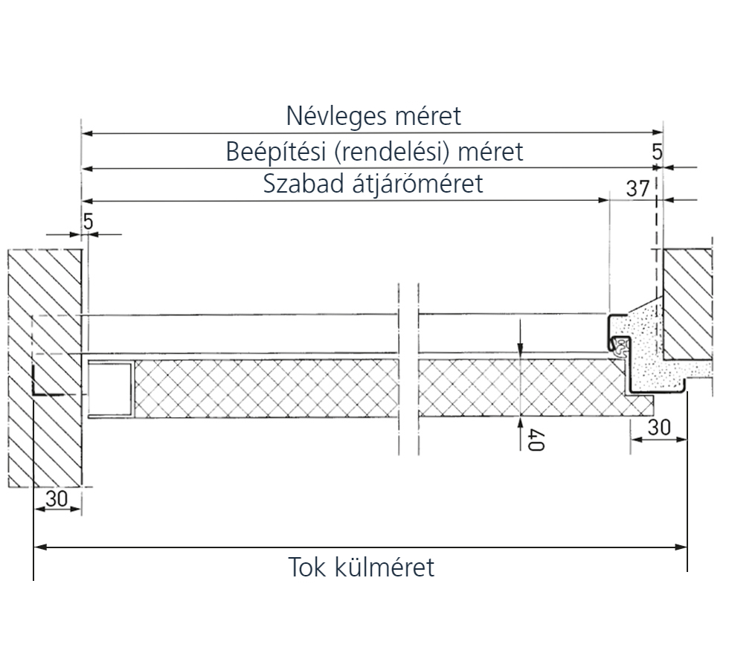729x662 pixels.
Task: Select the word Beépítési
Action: [x=276, y=152]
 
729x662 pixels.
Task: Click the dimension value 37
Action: [x=638, y=189]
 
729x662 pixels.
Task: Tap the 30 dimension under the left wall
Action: [x=57, y=500]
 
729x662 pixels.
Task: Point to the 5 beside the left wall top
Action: [x=88, y=222]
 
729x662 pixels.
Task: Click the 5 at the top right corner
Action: [x=657, y=152]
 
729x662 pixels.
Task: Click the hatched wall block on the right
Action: [x=685, y=301]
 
